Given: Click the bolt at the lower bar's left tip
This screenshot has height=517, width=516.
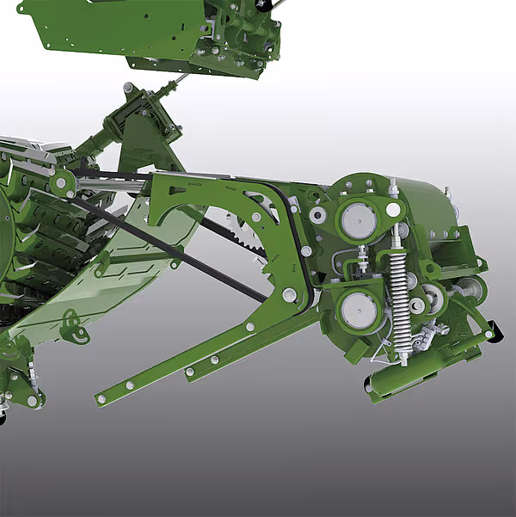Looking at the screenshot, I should point(101,398).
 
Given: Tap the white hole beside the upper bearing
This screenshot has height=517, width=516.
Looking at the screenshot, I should point(393,209).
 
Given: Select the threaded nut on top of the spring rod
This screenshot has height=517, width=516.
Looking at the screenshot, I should point(393,184).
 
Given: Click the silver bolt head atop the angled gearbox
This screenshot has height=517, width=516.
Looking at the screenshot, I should point(128,88).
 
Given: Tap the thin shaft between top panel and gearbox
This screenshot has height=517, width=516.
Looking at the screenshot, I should point(178,82).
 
